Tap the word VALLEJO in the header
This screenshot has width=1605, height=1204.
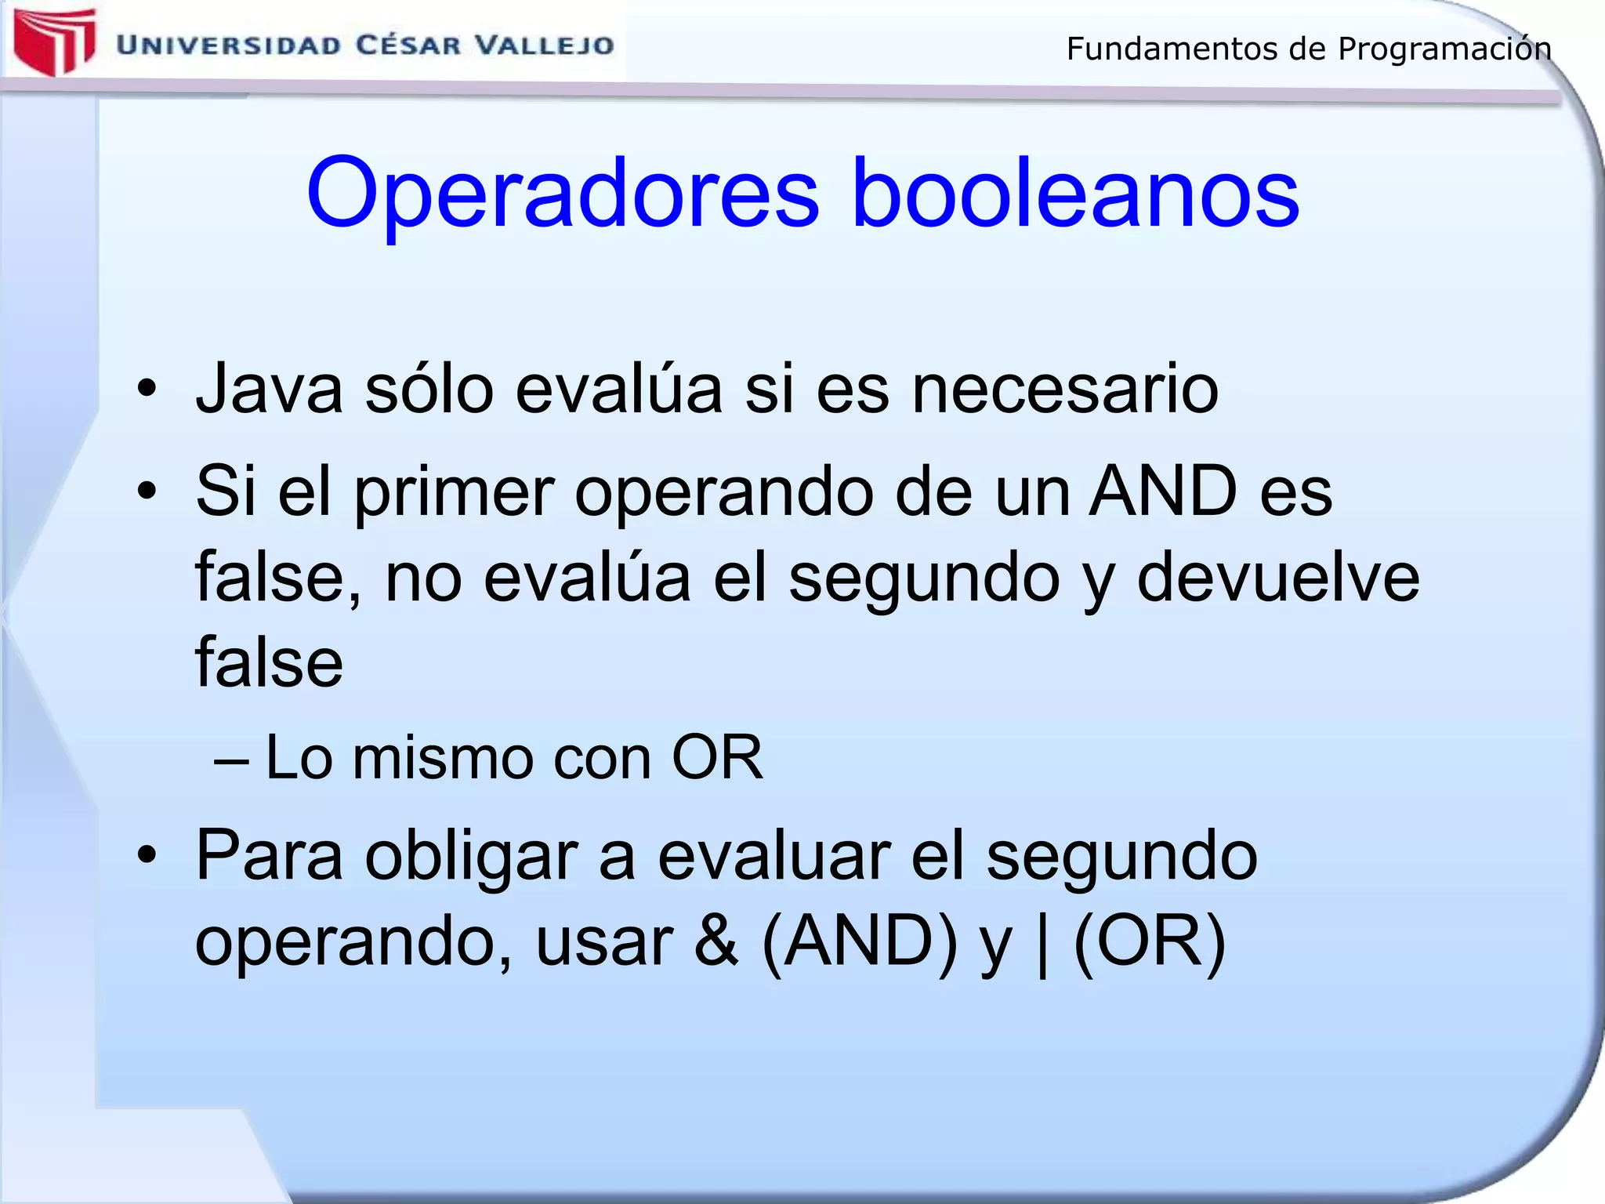[x=545, y=45]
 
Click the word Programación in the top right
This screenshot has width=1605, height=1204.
[x=1444, y=49]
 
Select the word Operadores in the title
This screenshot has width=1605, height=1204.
[x=563, y=194]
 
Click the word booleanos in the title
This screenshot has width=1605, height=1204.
[x=1074, y=192]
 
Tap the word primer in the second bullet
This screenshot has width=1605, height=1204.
[x=454, y=491]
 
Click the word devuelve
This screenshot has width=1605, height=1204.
[x=1277, y=578]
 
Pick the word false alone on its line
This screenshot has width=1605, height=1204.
[x=269, y=663]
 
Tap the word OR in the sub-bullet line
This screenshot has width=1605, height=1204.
[x=716, y=758]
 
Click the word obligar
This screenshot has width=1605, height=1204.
[x=471, y=856]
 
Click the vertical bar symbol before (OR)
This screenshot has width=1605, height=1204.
[x=1042, y=943]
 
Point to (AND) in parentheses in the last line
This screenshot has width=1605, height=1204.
[x=859, y=941]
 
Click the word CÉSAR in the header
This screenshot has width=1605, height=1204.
[x=408, y=45]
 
